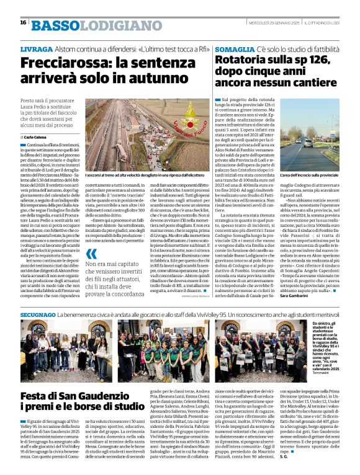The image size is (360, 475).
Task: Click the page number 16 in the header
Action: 22,22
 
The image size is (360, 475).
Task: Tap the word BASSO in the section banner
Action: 55,25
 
